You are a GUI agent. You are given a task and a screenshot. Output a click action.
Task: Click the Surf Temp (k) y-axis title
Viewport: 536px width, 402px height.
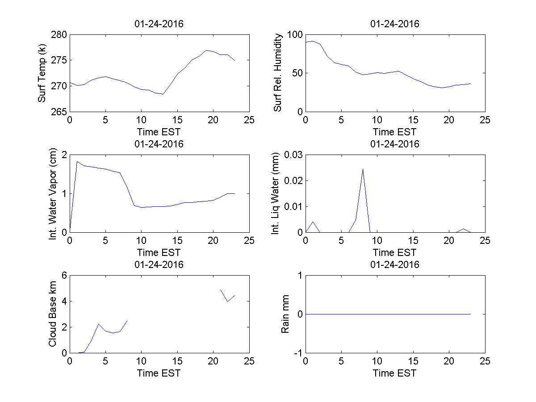tap(42, 73)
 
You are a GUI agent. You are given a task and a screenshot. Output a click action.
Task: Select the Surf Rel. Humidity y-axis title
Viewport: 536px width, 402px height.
tap(278, 73)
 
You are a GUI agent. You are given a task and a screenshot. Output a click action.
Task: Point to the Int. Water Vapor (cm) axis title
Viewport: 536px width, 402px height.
tap(53, 193)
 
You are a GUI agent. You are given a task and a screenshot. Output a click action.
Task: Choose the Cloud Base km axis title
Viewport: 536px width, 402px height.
tap(52, 314)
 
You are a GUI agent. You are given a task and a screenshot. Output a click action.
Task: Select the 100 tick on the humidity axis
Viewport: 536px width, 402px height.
tap(294, 35)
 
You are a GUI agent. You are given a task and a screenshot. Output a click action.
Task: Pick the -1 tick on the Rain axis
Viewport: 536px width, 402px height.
tap(297, 352)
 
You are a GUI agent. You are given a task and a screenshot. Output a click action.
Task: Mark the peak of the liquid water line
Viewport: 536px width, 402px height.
tap(363, 169)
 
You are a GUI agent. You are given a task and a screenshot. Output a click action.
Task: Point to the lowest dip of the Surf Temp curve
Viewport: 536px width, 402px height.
tap(163, 94)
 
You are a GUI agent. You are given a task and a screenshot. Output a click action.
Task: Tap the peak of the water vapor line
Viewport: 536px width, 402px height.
tap(77, 162)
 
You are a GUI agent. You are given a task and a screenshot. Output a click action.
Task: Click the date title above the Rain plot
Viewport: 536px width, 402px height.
tap(395, 264)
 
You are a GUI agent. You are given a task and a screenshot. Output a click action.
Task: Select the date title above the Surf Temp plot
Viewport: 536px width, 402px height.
tap(159, 24)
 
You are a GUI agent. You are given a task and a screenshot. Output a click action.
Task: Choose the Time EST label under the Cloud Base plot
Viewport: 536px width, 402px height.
tap(159, 373)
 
